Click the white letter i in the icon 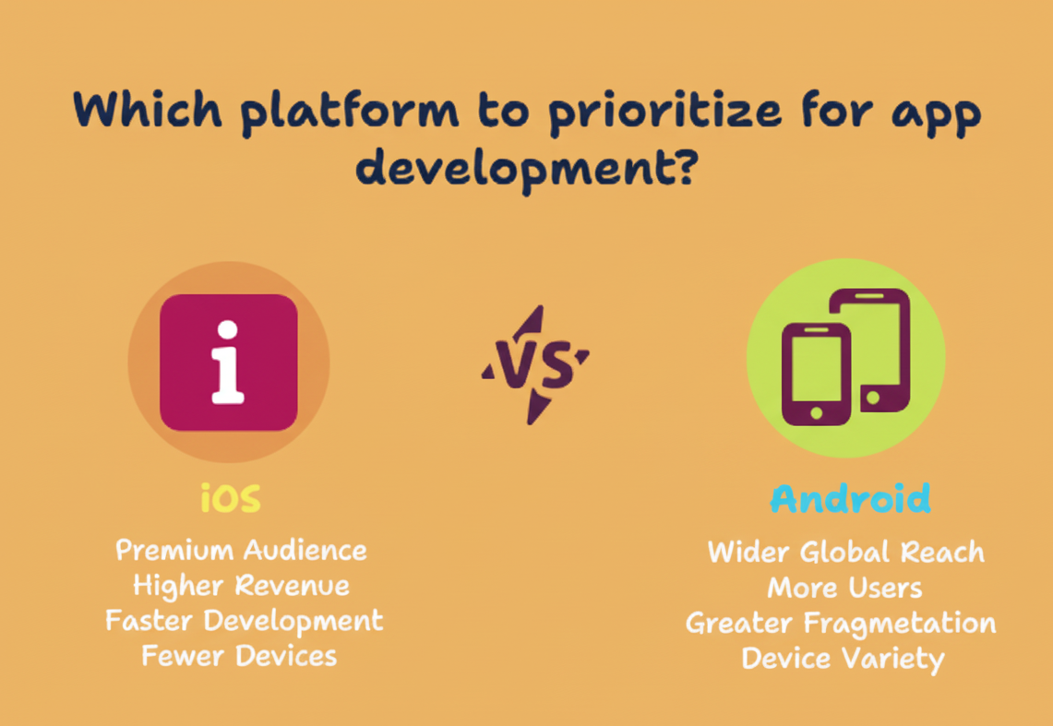coord(228,363)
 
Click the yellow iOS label coord(231,499)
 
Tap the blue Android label coord(850,499)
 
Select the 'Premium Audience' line coord(241,551)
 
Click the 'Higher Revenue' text coord(241,586)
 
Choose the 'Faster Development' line coord(244,620)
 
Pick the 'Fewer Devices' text coord(239,656)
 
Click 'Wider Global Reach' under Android coord(845,553)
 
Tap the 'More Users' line coord(844,588)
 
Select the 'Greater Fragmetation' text coord(841,623)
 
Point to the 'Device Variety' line coord(843,659)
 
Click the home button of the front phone coord(816,412)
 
